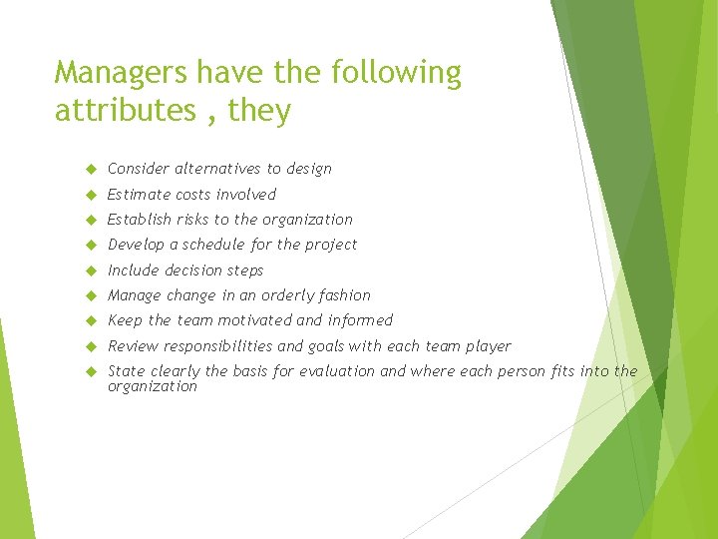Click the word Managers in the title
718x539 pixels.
122,73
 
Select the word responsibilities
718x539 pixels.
213,346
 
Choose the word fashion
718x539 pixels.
346,295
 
